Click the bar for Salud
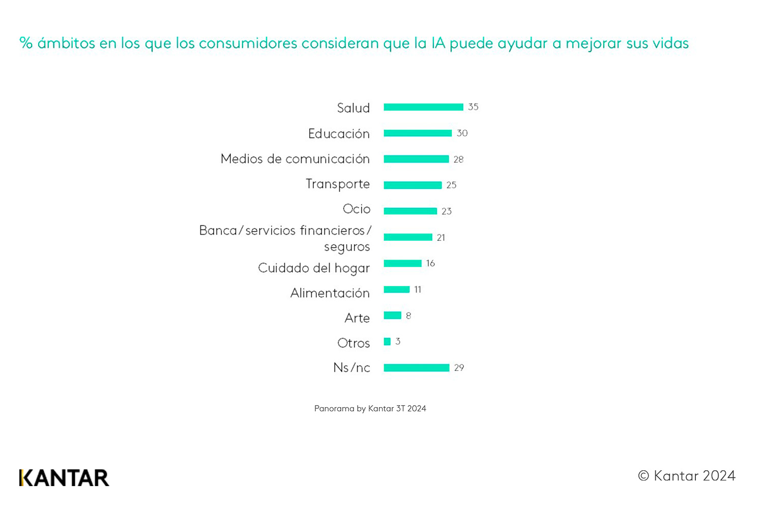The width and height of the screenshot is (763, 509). click(x=423, y=107)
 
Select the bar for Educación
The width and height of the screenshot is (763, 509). click(x=418, y=133)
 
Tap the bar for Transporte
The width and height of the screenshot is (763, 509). click(x=413, y=185)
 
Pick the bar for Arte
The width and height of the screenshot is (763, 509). click(x=392, y=316)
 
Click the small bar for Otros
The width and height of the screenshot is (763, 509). click(x=387, y=342)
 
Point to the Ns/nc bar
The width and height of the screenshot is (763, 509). click(x=416, y=367)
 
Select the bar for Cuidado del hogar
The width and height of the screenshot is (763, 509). click(x=402, y=263)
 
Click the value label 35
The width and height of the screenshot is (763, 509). click(x=473, y=107)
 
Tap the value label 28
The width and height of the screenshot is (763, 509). click(x=458, y=159)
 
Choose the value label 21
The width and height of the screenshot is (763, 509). click(x=441, y=238)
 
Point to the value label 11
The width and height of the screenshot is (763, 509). click(x=418, y=290)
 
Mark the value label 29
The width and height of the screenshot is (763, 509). click(x=459, y=367)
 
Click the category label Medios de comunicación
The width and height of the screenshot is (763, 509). click(x=295, y=159)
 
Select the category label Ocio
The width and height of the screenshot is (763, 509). click(x=356, y=209)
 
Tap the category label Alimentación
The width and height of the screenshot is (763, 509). click(x=330, y=293)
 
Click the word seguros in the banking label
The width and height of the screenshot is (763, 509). click(x=347, y=247)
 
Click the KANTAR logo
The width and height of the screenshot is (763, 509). click(x=64, y=478)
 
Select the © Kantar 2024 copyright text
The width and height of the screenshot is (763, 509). click(x=687, y=476)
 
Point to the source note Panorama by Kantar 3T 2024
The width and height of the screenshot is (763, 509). click(x=370, y=409)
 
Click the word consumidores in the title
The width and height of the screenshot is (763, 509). click(x=248, y=43)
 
